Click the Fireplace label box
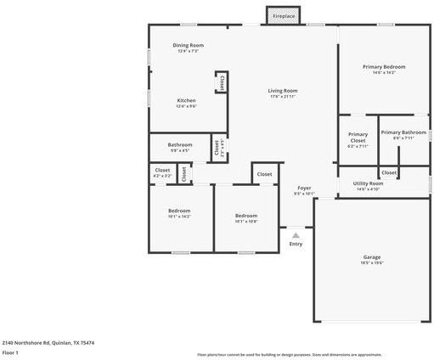284,16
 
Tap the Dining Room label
188,45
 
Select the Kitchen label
186,100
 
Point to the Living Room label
282,90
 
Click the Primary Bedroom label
384,66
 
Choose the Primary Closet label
358,137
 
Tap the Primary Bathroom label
403,132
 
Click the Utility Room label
368,183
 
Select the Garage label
372,257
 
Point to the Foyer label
304,188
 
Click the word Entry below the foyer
296,244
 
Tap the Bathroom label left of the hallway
179,144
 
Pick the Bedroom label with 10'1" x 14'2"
178,211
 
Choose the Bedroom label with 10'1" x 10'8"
245,216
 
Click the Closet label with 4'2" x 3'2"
162,170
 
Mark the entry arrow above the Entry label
295,232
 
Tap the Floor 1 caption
10,352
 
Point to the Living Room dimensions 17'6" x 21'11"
282,96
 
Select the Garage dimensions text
372,262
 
